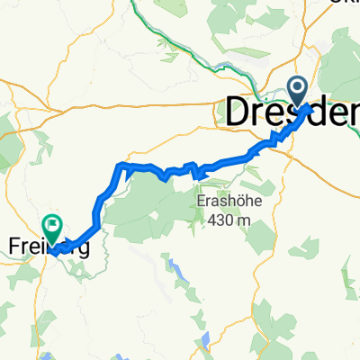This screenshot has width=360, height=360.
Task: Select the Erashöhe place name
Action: (229, 202)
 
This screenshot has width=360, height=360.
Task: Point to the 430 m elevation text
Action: (229, 218)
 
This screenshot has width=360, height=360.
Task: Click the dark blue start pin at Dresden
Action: (297, 90)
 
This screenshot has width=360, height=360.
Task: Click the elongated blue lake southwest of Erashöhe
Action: (173, 265)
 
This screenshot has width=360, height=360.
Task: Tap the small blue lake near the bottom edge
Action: (205, 340)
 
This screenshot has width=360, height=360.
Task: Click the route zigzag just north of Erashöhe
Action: (191, 167)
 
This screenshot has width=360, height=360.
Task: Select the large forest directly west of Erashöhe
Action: (144, 202)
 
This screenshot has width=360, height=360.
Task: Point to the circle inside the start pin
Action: (297, 87)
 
